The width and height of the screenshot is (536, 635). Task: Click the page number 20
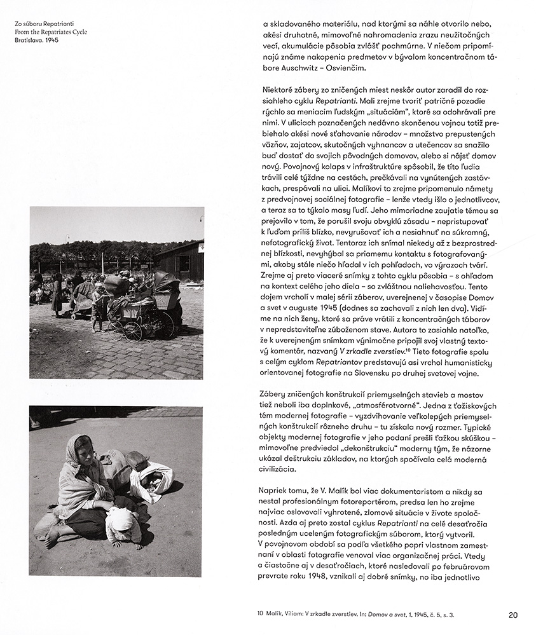[x=514, y=615]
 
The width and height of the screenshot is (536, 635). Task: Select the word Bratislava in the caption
[x=26, y=40]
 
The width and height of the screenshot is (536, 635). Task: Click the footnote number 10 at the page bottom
[x=260, y=615]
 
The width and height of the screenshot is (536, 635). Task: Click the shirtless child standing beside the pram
[x=97, y=307]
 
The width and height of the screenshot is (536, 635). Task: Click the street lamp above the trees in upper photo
[x=66, y=238]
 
